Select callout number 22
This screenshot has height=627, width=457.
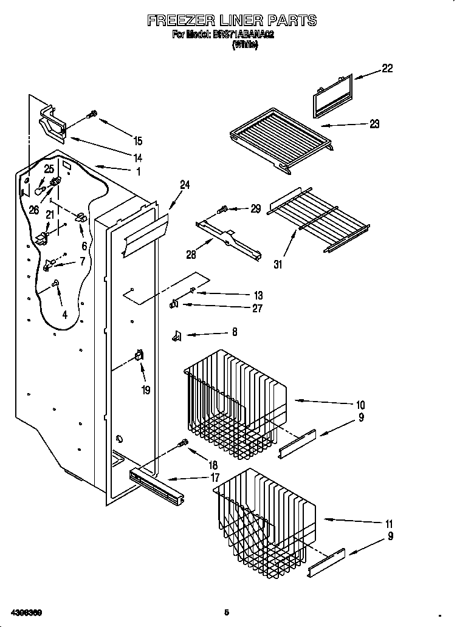(x=387, y=69)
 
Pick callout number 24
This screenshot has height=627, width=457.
(x=185, y=185)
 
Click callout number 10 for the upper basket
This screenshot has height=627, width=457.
(x=360, y=405)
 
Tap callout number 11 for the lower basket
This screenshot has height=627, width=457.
(x=389, y=524)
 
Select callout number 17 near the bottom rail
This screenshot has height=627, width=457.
(x=215, y=478)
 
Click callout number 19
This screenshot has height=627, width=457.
(x=146, y=391)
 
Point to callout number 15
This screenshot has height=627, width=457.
(x=138, y=141)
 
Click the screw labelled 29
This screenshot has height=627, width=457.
(x=222, y=210)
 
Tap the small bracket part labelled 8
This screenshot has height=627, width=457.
(x=177, y=334)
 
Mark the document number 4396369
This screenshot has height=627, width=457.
(x=25, y=612)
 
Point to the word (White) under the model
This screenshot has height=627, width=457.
(x=245, y=45)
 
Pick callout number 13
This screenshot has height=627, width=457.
(x=258, y=295)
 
